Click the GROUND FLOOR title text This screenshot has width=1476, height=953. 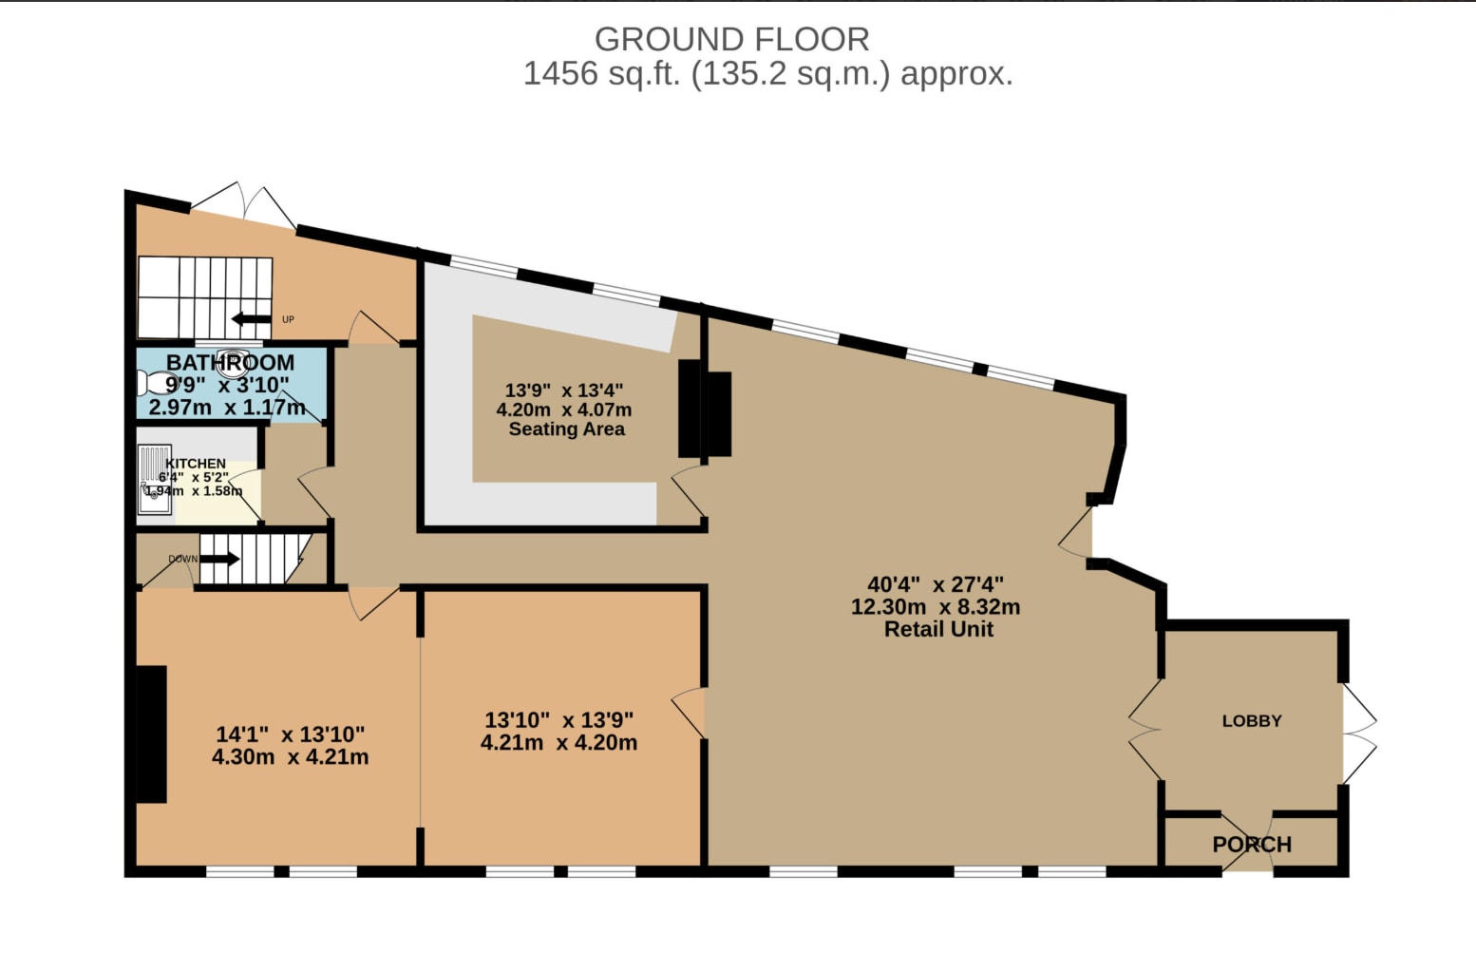coord(731,39)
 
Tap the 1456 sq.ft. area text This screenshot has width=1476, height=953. coord(767,73)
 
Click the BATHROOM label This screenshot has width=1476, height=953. coord(230,362)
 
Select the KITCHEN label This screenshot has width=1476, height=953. coord(196,464)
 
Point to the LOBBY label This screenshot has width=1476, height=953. coord(1251,721)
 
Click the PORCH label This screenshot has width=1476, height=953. coord(1251,844)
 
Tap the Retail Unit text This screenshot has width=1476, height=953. coord(938,629)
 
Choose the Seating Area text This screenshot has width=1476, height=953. coord(566,429)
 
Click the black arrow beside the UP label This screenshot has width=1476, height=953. coord(251,319)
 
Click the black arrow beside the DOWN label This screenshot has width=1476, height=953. coord(219,559)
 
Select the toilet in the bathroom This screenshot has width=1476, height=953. coord(152,383)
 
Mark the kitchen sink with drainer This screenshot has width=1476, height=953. coord(155,478)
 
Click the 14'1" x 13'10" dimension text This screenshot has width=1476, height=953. coord(290,734)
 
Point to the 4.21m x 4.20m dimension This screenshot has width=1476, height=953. coord(558,743)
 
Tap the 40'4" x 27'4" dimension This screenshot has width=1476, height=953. coord(935,584)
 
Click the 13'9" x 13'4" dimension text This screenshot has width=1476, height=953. coord(563,391)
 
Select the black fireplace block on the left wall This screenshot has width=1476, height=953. coord(151,734)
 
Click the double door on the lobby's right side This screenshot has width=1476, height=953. coord(1358,732)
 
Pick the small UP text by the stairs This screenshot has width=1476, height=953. coord(288,319)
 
